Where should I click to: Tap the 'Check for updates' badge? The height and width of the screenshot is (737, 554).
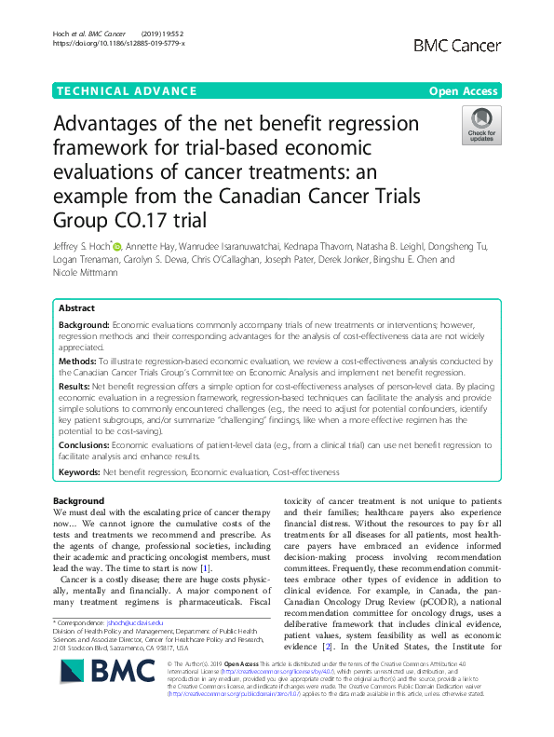(480, 125)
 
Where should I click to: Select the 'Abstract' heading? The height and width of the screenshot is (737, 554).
(76, 307)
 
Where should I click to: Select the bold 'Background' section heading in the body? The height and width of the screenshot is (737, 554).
(79, 501)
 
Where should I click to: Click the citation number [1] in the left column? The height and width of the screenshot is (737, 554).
(232, 568)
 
